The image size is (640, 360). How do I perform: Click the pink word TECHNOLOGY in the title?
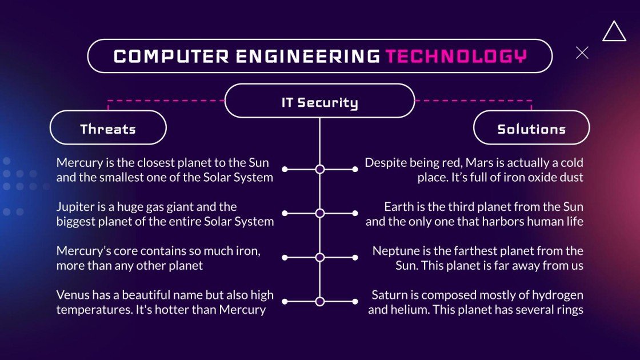click(455, 56)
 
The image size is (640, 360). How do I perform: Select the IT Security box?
click(319, 102)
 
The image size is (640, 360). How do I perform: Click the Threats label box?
click(108, 128)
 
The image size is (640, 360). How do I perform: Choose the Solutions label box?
click(531, 128)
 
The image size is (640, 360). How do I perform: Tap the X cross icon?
click(582, 53)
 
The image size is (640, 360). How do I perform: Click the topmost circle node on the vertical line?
click(320, 169)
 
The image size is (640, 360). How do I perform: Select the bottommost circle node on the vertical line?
click(320, 301)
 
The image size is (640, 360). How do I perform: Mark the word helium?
click(408, 310)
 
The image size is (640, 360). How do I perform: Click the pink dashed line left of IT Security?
click(166, 101)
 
